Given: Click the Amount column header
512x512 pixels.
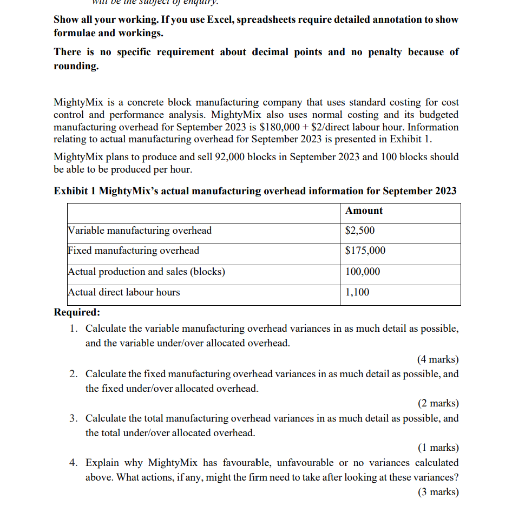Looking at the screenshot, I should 364,211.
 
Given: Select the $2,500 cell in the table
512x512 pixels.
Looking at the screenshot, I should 360,231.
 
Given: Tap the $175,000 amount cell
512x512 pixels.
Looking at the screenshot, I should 365,251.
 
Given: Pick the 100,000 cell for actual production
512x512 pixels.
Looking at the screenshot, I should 363,272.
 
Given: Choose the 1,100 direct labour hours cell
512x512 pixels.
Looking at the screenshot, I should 357,292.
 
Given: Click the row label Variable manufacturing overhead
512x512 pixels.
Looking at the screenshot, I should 140,231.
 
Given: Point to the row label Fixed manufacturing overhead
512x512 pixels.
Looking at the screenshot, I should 134,251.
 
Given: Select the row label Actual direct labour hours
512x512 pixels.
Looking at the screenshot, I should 124,292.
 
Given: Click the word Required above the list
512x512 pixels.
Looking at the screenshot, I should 77,312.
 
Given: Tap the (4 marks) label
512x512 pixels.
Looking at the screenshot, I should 438,359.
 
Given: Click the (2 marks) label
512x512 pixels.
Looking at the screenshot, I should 438,403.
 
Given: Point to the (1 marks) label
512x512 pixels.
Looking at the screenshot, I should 438,448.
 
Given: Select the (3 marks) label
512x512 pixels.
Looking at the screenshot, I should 438,492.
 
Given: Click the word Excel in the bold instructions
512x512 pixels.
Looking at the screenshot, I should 224,19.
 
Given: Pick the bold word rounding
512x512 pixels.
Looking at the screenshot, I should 76,66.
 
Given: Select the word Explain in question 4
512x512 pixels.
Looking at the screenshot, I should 103,463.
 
